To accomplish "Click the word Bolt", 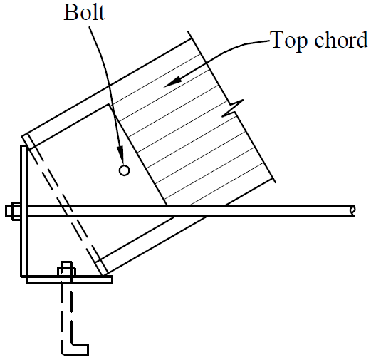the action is [x=84, y=12].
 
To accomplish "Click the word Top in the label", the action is [x=289, y=41].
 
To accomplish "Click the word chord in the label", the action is [x=341, y=39].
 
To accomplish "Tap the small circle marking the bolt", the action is [x=124, y=170].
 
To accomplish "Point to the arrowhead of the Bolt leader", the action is [x=120, y=155].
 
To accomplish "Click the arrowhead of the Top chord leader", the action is [x=173, y=81].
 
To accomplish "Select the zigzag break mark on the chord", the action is [x=232, y=108].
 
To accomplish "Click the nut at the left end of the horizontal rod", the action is [x=13, y=211].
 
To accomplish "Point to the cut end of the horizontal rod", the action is [x=353, y=211].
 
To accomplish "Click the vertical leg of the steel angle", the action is [x=24, y=211].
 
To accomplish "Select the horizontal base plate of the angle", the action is [x=69, y=279].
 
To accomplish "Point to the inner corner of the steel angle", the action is [x=28, y=276].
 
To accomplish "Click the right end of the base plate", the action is [x=113, y=279].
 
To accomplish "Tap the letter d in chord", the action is [x=361, y=39].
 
